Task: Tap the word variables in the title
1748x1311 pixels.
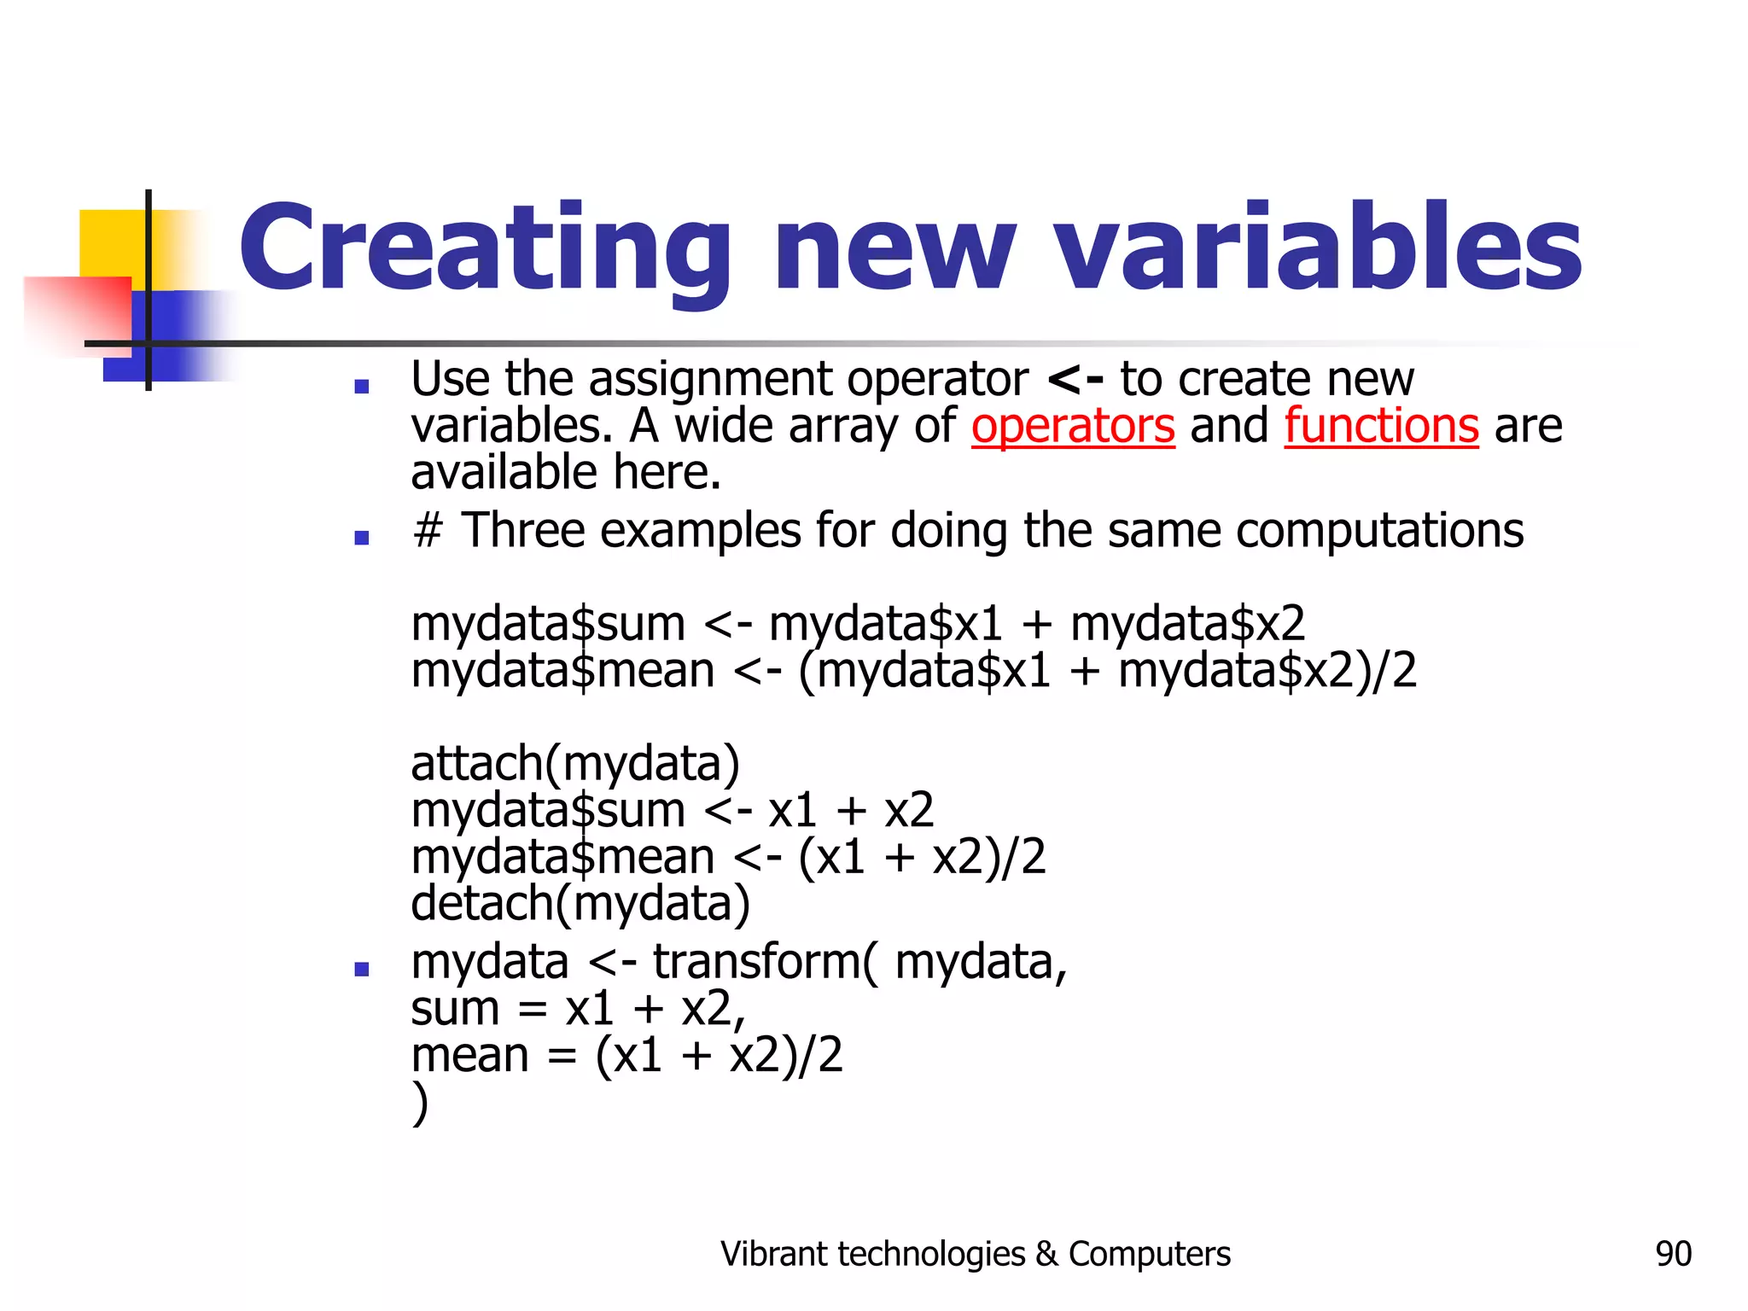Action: (1319, 248)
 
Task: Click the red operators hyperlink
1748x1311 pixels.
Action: (1073, 426)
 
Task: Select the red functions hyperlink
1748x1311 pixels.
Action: (1381, 426)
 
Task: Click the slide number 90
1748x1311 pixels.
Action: (1673, 1254)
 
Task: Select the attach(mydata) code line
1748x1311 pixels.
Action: (575, 764)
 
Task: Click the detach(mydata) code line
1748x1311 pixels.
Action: (580, 904)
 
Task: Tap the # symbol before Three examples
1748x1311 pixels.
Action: (428, 531)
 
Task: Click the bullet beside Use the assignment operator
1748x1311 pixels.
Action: (362, 387)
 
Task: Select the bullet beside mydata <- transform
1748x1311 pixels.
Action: (362, 970)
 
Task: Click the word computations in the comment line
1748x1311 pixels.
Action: (1379, 531)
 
